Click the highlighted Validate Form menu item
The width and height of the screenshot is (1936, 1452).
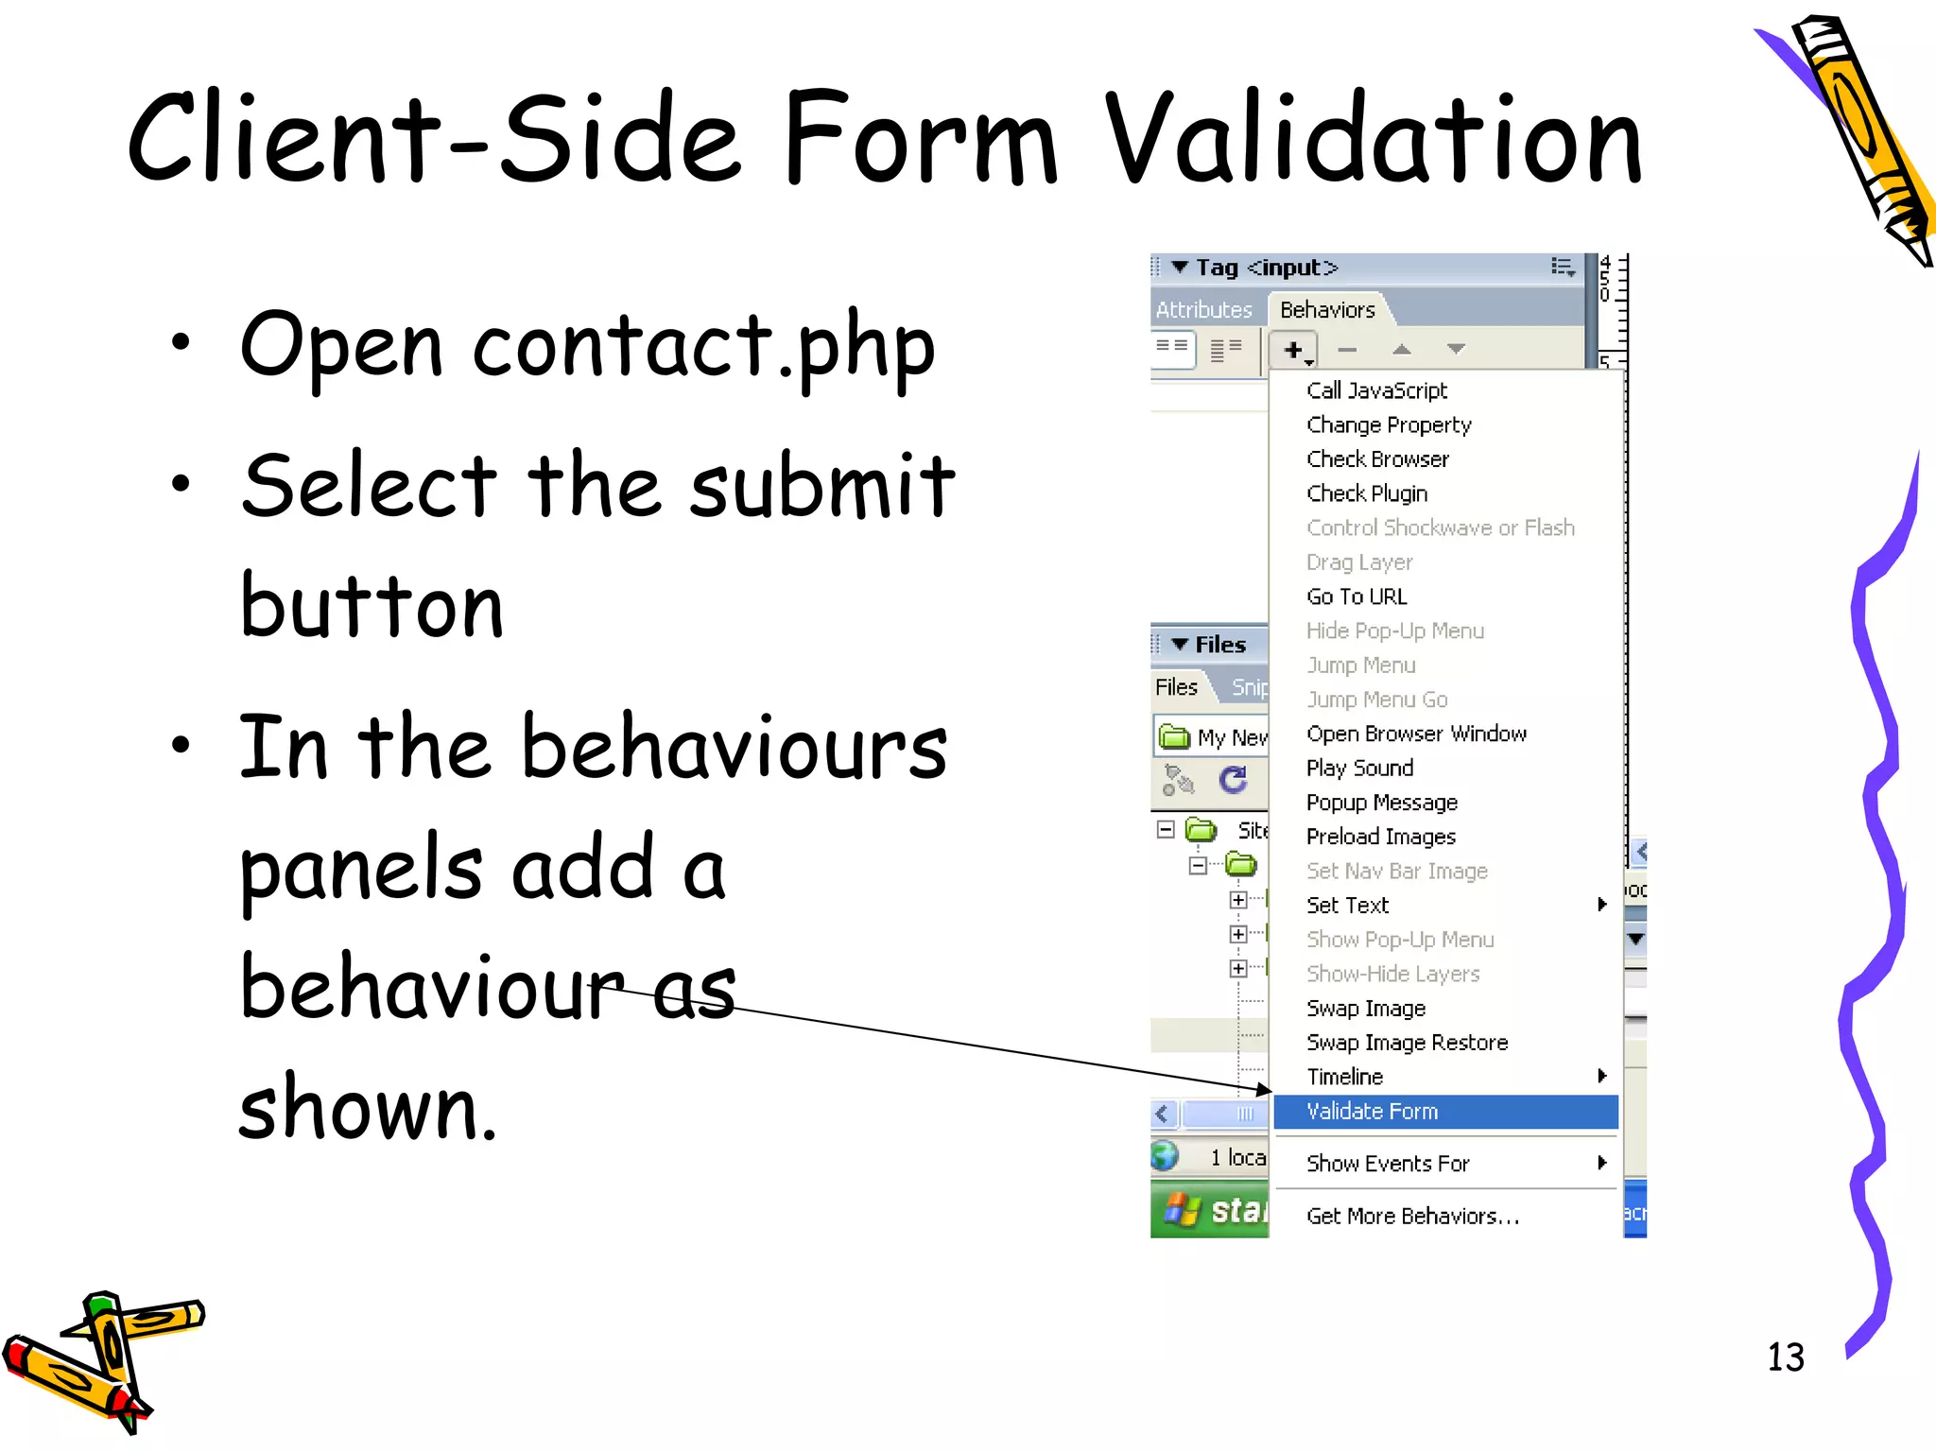coord(1372,1112)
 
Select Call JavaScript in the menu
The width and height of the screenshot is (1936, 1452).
coord(1376,390)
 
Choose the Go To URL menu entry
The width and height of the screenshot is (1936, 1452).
coord(1357,596)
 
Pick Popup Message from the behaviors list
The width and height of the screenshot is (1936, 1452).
coord(1381,803)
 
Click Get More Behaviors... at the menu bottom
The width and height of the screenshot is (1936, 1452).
coord(1412,1217)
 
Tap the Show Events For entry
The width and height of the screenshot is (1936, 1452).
coord(1388,1164)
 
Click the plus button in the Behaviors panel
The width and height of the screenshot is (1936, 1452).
coord(1292,350)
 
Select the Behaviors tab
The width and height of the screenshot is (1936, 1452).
coord(1327,310)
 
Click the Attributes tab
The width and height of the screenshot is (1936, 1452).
coord(1203,310)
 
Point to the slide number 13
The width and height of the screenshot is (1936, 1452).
coord(1785,1357)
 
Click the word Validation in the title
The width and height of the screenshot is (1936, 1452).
coord(1374,140)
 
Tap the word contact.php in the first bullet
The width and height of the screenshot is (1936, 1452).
coord(704,347)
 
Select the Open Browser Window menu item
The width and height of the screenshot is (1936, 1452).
coord(1416,734)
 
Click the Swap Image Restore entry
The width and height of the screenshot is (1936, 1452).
coord(1407,1043)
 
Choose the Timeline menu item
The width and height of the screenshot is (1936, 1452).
coord(1344,1077)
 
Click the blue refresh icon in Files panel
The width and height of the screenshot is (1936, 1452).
coord(1233,780)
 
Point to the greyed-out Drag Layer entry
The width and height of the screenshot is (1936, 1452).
coord(1359,562)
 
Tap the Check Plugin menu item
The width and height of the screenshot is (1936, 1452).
coord(1367,493)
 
